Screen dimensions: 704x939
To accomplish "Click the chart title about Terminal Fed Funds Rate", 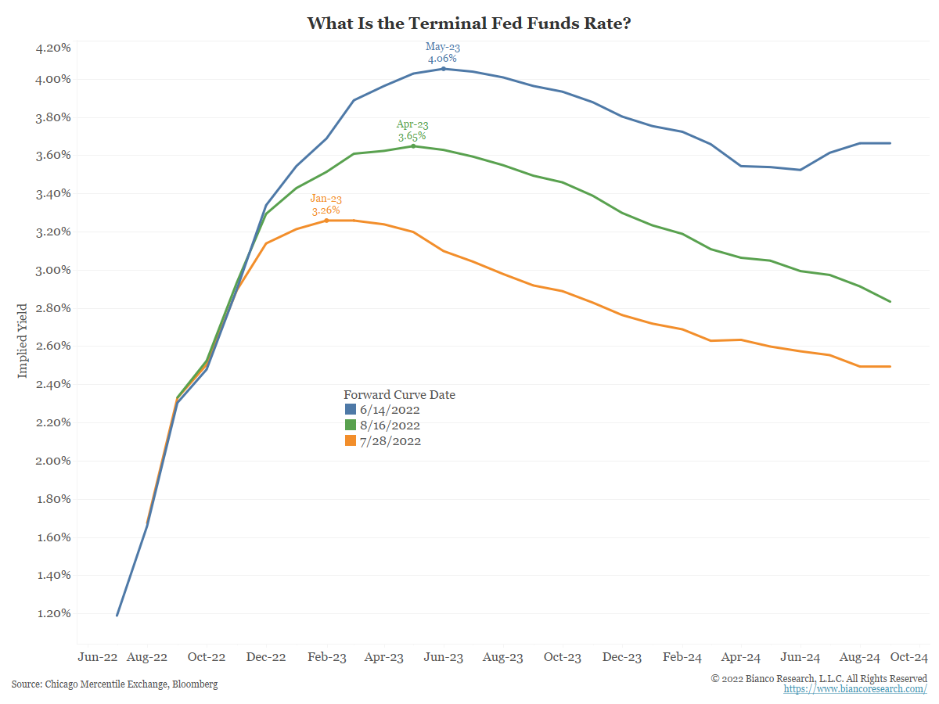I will point(469,23).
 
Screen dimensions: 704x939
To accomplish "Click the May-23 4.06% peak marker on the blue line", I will point(444,69).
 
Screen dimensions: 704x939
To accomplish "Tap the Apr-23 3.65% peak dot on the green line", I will point(413,146).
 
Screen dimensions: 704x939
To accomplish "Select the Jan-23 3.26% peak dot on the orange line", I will point(327,221).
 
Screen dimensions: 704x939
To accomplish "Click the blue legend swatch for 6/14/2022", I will point(351,410).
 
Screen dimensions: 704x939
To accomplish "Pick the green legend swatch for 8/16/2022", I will point(351,426).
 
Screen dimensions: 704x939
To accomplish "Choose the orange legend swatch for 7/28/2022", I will point(351,441).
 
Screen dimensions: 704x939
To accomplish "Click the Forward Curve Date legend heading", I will point(399,395).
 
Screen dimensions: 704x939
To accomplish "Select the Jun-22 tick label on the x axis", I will point(99,658).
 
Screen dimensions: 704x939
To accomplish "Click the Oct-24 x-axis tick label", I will point(908,658).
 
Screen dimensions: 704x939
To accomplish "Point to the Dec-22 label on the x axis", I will point(266,658).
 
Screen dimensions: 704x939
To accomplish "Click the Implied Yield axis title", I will point(22,340).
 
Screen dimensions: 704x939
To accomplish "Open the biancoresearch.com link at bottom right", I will point(855,689).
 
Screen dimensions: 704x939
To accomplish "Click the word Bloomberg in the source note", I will point(195,684).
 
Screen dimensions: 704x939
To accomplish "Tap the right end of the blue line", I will point(890,143).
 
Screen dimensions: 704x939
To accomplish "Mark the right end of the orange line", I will point(890,366).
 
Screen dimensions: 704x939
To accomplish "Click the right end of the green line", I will point(890,302).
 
